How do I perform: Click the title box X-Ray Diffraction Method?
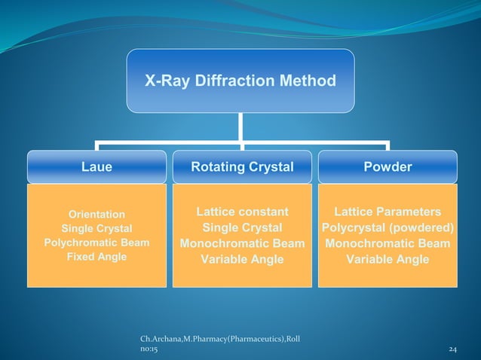click(x=240, y=81)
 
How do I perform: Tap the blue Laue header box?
click(x=97, y=167)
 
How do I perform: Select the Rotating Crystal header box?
click(x=241, y=167)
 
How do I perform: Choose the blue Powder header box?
click(x=388, y=167)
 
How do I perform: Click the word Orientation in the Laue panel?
click(x=97, y=215)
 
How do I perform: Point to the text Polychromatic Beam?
click(x=97, y=243)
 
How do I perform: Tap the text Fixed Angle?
click(x=97, y=257)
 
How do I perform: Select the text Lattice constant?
click(x=242, y=212)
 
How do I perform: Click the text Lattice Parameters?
click(x=388, y=212)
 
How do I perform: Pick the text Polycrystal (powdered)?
click(x=388, y=228)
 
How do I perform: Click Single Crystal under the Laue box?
click(x=97, y=228)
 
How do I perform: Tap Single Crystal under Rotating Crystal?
click(x=242, y=228)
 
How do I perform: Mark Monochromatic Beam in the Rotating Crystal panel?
click(x=242, y=244)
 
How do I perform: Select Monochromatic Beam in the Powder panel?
click(x=388, y=244)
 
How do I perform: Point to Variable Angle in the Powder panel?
click(x=388, y=260)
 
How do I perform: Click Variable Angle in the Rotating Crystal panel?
click(x=242, y=260)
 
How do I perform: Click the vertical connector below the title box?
click(x=240, y=126)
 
